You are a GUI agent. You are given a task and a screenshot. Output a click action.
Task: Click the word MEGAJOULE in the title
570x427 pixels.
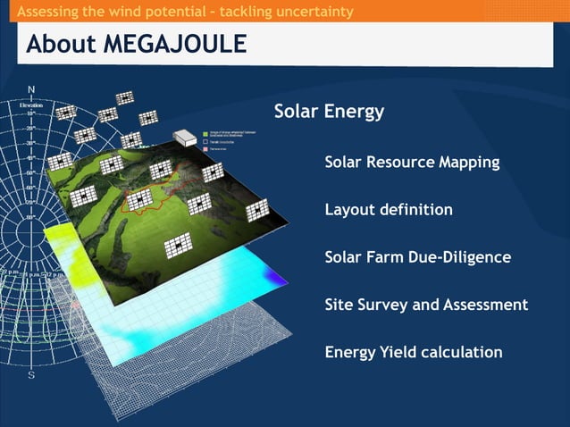pyautogui.click(x=179, y=44)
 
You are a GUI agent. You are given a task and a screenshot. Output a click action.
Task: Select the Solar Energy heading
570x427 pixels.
pyautogui.click(x=329, y=112)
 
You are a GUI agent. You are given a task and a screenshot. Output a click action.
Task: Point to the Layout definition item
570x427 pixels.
pyautogui.click(x=389, y=210)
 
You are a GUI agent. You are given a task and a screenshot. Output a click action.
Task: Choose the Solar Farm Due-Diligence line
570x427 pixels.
pyautogui.click(x=418, y=257)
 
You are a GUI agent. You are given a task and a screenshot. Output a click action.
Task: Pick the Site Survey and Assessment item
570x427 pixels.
pyautogui.click(x=426, y=305)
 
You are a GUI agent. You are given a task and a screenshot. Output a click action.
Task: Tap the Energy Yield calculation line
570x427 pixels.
pyautogui.click(x=414, y=352)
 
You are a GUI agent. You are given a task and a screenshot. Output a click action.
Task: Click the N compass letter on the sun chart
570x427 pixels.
pyautogui.click(x=31, y=89)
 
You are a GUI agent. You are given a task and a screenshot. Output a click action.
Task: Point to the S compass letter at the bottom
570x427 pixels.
pyautogui.click(x=32, y=375)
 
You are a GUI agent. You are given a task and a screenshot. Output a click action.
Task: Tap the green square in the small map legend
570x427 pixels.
pyautogui.click(x=206, y=131)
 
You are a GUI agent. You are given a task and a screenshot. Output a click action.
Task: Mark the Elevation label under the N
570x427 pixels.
pyautogui.click(x=31, y=105)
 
